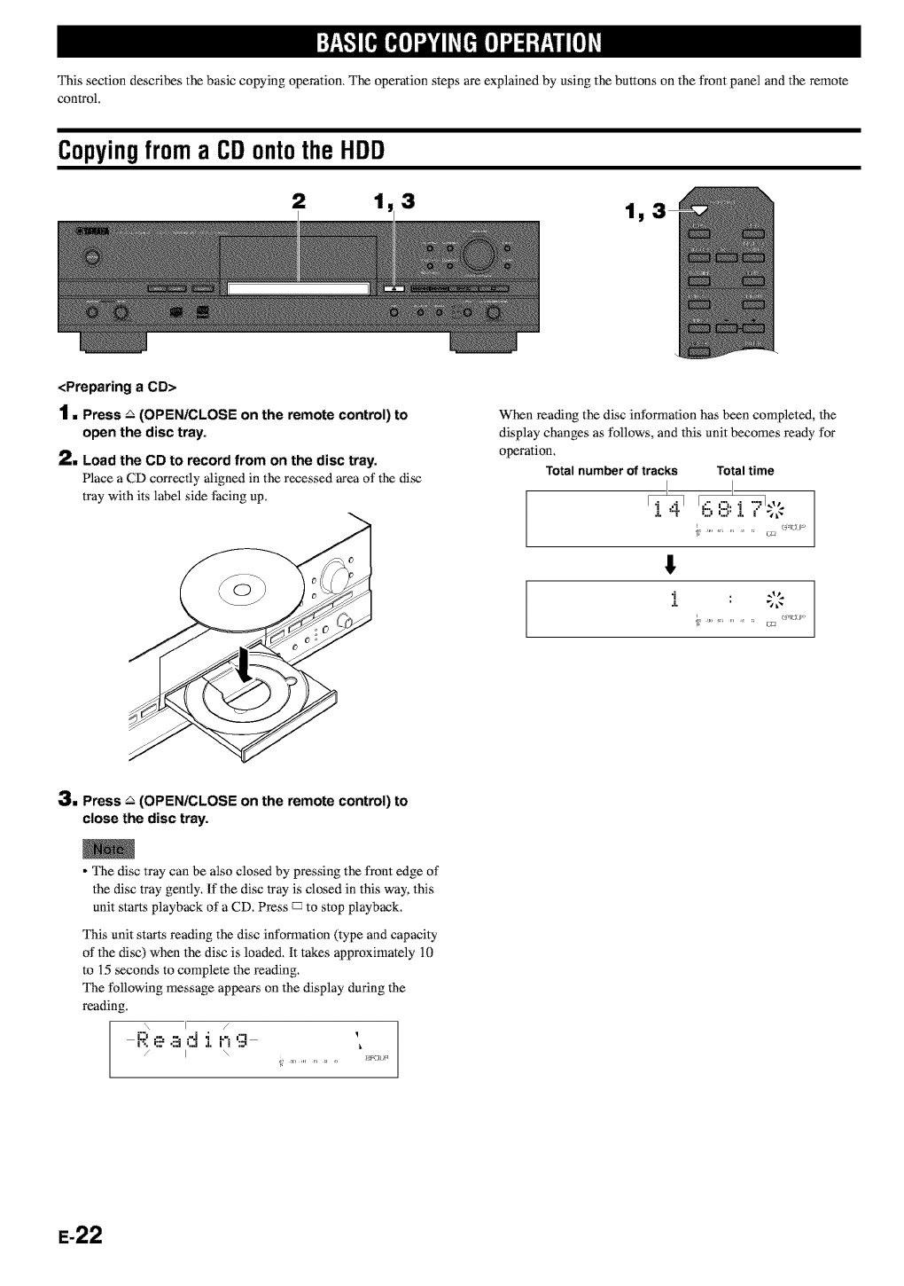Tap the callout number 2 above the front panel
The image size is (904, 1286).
[298, 203]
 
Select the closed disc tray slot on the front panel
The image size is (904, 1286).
[298, 287]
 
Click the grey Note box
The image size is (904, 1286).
[107, 849]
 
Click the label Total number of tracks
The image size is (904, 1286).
[612, 471]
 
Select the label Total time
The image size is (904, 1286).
[745, 471]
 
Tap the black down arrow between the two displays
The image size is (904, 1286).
[671, 562]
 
